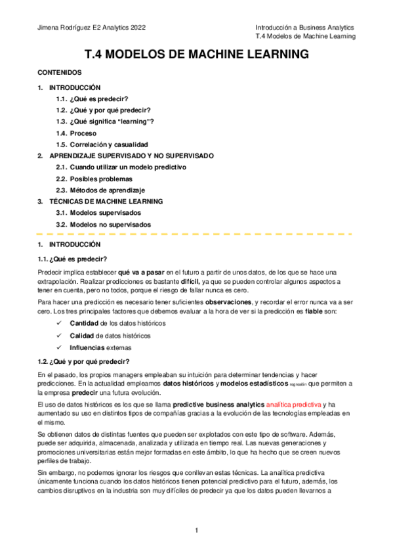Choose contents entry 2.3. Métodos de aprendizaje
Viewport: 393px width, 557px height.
(x=100, y=190)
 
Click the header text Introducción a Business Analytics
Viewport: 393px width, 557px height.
(x=304, y=28)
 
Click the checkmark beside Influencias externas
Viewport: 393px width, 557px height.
(x=60, y=347)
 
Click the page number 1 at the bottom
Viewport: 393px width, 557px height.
(x=196, y=529)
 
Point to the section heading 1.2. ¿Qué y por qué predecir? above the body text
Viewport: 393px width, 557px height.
(x=83, y=361)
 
